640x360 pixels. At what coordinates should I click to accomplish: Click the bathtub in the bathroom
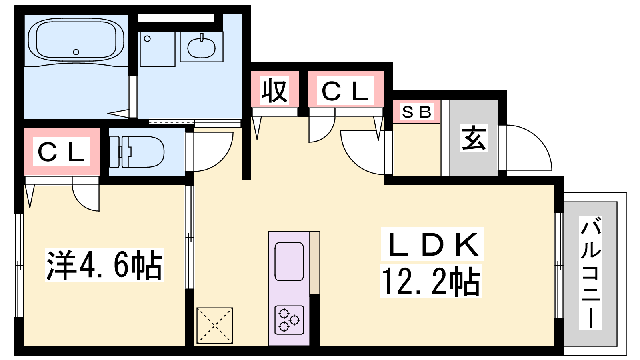coord(76,40)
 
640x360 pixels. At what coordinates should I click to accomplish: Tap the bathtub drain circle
coord(76,52)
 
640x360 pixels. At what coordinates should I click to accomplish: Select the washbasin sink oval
coord(202,48)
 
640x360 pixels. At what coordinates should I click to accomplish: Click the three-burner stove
coord(289,320)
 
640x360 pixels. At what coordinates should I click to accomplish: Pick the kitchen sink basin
coord(289,262)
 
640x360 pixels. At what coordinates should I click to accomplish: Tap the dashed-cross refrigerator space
coord(215,326)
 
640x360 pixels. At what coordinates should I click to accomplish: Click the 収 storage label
coord(274,91)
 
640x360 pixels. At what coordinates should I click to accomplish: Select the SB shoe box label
coord(416,112)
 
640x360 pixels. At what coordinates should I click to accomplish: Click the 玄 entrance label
coord(474,138)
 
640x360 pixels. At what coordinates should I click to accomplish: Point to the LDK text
coord(432,244)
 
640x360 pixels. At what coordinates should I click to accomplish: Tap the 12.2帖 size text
coord(430,282)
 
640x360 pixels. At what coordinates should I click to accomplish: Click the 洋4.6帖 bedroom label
coord(104,265)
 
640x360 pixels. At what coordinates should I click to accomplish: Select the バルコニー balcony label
coord(590,272)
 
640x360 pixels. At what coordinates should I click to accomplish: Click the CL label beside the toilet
coord(61,152)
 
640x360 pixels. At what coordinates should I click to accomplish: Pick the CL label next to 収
coord(345,90)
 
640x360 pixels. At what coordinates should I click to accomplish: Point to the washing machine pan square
coord(158,49)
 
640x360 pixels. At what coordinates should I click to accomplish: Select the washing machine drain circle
coord(147,38)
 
